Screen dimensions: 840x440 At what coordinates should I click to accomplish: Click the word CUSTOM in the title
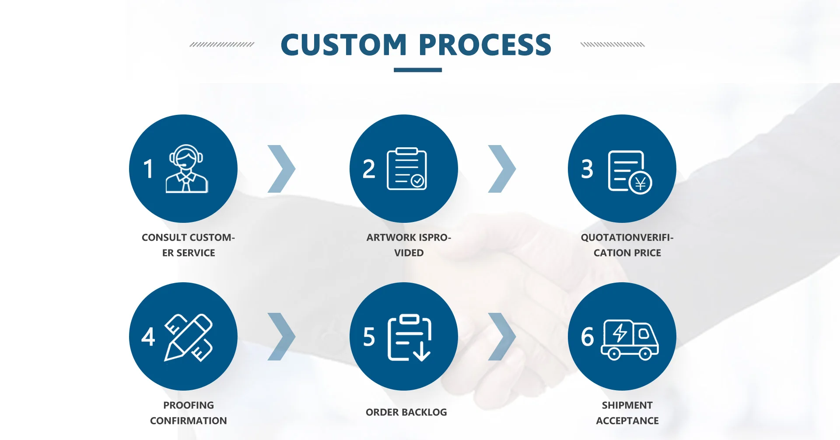click(x=344, y=45)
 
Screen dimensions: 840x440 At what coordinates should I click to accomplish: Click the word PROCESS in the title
click(x=485, y=45)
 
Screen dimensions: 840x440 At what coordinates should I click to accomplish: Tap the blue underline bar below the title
click(x=418, y=70)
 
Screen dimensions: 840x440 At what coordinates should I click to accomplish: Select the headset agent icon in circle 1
click(x=186, y=169)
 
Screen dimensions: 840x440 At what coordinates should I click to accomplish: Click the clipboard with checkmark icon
click(x=407, y=169)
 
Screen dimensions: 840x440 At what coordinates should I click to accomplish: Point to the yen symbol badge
click(x=640, y=183)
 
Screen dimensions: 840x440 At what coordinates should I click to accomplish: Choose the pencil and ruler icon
click(x=189, y=337)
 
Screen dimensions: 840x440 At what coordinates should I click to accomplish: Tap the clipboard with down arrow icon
click(x=409, y=337)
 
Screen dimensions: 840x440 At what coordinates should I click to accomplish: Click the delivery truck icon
click(x=630, y=340)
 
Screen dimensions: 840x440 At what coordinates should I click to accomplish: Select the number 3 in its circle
click(x=587, y=169)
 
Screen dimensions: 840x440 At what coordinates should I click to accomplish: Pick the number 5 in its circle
click(x=369, y=337)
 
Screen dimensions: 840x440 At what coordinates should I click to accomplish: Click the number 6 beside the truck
click(x=587, y=337)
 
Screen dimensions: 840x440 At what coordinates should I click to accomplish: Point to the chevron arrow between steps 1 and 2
click(x=282, y=169)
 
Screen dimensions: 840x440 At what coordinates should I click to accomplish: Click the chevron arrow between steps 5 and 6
click(x=502, y=336)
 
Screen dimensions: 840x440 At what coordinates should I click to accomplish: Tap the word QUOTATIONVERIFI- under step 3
click(x=627, y=238)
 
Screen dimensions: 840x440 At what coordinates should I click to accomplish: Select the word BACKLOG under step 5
click(x=425, y=412)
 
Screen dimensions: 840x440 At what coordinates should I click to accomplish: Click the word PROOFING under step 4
click(x=189, y=405)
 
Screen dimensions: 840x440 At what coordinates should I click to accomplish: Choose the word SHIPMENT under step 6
click(x=627, y=405)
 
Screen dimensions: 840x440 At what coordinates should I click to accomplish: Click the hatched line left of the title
click(x=222, y=45)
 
